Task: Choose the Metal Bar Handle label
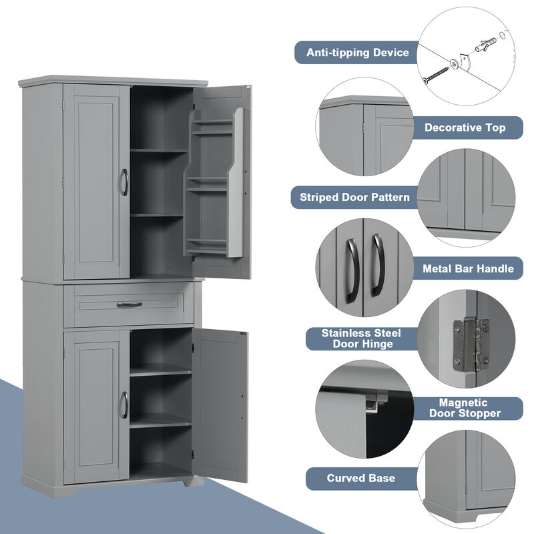tap(468, 269)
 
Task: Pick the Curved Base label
tap(360, 478)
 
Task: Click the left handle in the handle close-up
tap(352, 266)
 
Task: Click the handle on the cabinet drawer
tap(129, 304)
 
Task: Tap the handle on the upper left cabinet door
tap(123, 182)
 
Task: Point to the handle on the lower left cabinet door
tap(123, 405)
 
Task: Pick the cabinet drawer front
tap(129, 305)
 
